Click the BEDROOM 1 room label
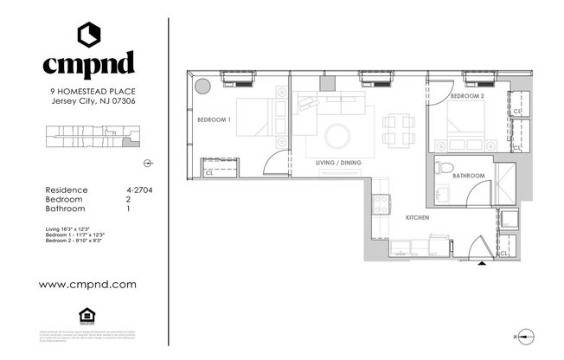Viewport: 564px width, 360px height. tap(214, 119)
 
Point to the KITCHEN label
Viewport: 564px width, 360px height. tap(418, 218)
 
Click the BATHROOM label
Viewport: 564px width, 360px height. tap(469, 177)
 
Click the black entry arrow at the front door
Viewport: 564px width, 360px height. tap(483, 264)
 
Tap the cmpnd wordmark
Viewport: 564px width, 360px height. tap(88, 62)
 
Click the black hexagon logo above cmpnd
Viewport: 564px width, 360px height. tap(88, 33)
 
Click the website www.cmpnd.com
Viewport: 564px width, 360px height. tap(87, 284)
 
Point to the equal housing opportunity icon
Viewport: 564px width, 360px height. tap(88, 314)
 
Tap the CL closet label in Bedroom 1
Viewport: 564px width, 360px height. tap(208, 172)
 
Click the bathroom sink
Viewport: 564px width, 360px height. tap(441, 195)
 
